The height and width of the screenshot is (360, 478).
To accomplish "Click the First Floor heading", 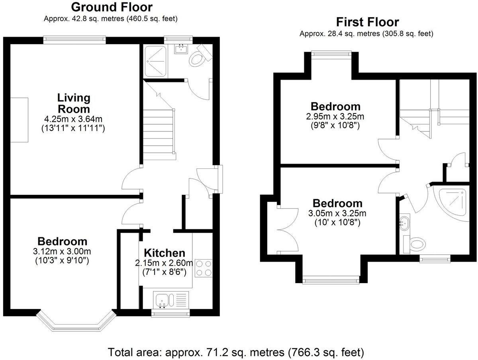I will click(x=367, y=22).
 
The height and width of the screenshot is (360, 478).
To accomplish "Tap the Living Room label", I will click(x=74, y=103).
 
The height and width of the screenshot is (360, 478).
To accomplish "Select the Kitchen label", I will click(x=165, y=253).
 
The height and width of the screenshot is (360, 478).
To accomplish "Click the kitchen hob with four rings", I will click(x=203, y=268).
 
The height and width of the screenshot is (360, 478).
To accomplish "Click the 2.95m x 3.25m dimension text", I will click(x=335, y=116).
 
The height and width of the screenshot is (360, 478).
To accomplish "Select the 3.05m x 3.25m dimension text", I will click(x=337, y=213).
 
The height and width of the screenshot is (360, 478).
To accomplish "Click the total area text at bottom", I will click(x=236, y=352).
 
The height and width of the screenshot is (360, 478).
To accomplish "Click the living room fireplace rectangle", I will click(x=20, y=119).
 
